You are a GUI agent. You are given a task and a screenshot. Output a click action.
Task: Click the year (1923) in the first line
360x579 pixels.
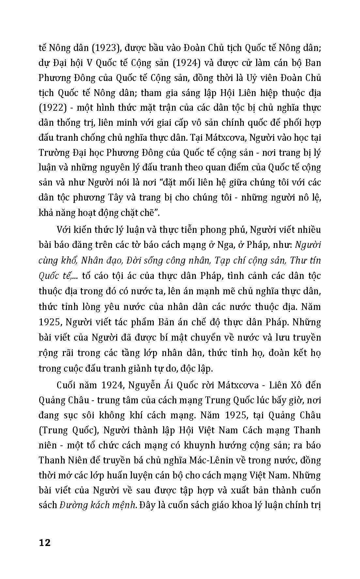[102, 48]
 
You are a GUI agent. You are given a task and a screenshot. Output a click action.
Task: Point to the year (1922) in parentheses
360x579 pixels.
[52, 108]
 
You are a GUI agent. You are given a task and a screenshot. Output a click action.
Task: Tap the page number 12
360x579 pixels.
[45, 543]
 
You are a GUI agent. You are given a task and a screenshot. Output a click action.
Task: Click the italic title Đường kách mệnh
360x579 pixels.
[98, 505]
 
